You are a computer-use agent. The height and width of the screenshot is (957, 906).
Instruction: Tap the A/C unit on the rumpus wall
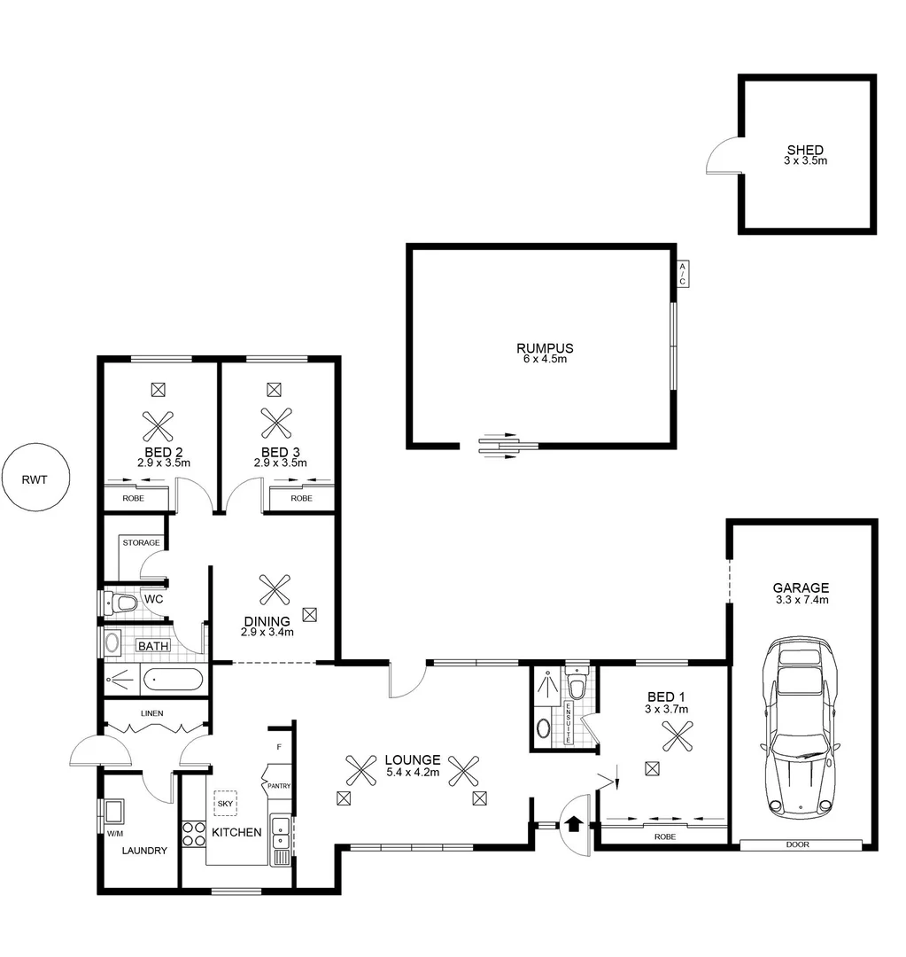pyautogui.click(x=682, y=274)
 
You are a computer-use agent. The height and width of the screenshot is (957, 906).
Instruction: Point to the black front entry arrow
pyautogui.click(x=574, y=824)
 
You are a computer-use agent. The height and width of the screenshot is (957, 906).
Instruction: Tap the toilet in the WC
pyautogui.click(x=123, y=604)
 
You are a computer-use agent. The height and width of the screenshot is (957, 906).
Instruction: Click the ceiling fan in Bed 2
pyautogui.click(x=159, y=425)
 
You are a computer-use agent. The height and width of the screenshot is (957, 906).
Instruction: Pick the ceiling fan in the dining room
pyautogui.click(x=275, y=588)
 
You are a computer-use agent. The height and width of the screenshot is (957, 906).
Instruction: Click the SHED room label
pyautogui.click(x=804, y=151)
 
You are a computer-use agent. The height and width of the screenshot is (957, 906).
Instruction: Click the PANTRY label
pyautogui.click(x=279, y=786)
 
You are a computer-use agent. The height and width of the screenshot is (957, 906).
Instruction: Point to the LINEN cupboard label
pyautogui.click(x=151, y=712)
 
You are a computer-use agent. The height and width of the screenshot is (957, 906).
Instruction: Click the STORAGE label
pyautogui.click(x=141, y=542)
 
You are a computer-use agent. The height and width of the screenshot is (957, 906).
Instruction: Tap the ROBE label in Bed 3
pyautogui.click(x=301, y=499)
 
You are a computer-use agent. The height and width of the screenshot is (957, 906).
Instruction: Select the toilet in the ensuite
pyautogui.click(x=577, y=687)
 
